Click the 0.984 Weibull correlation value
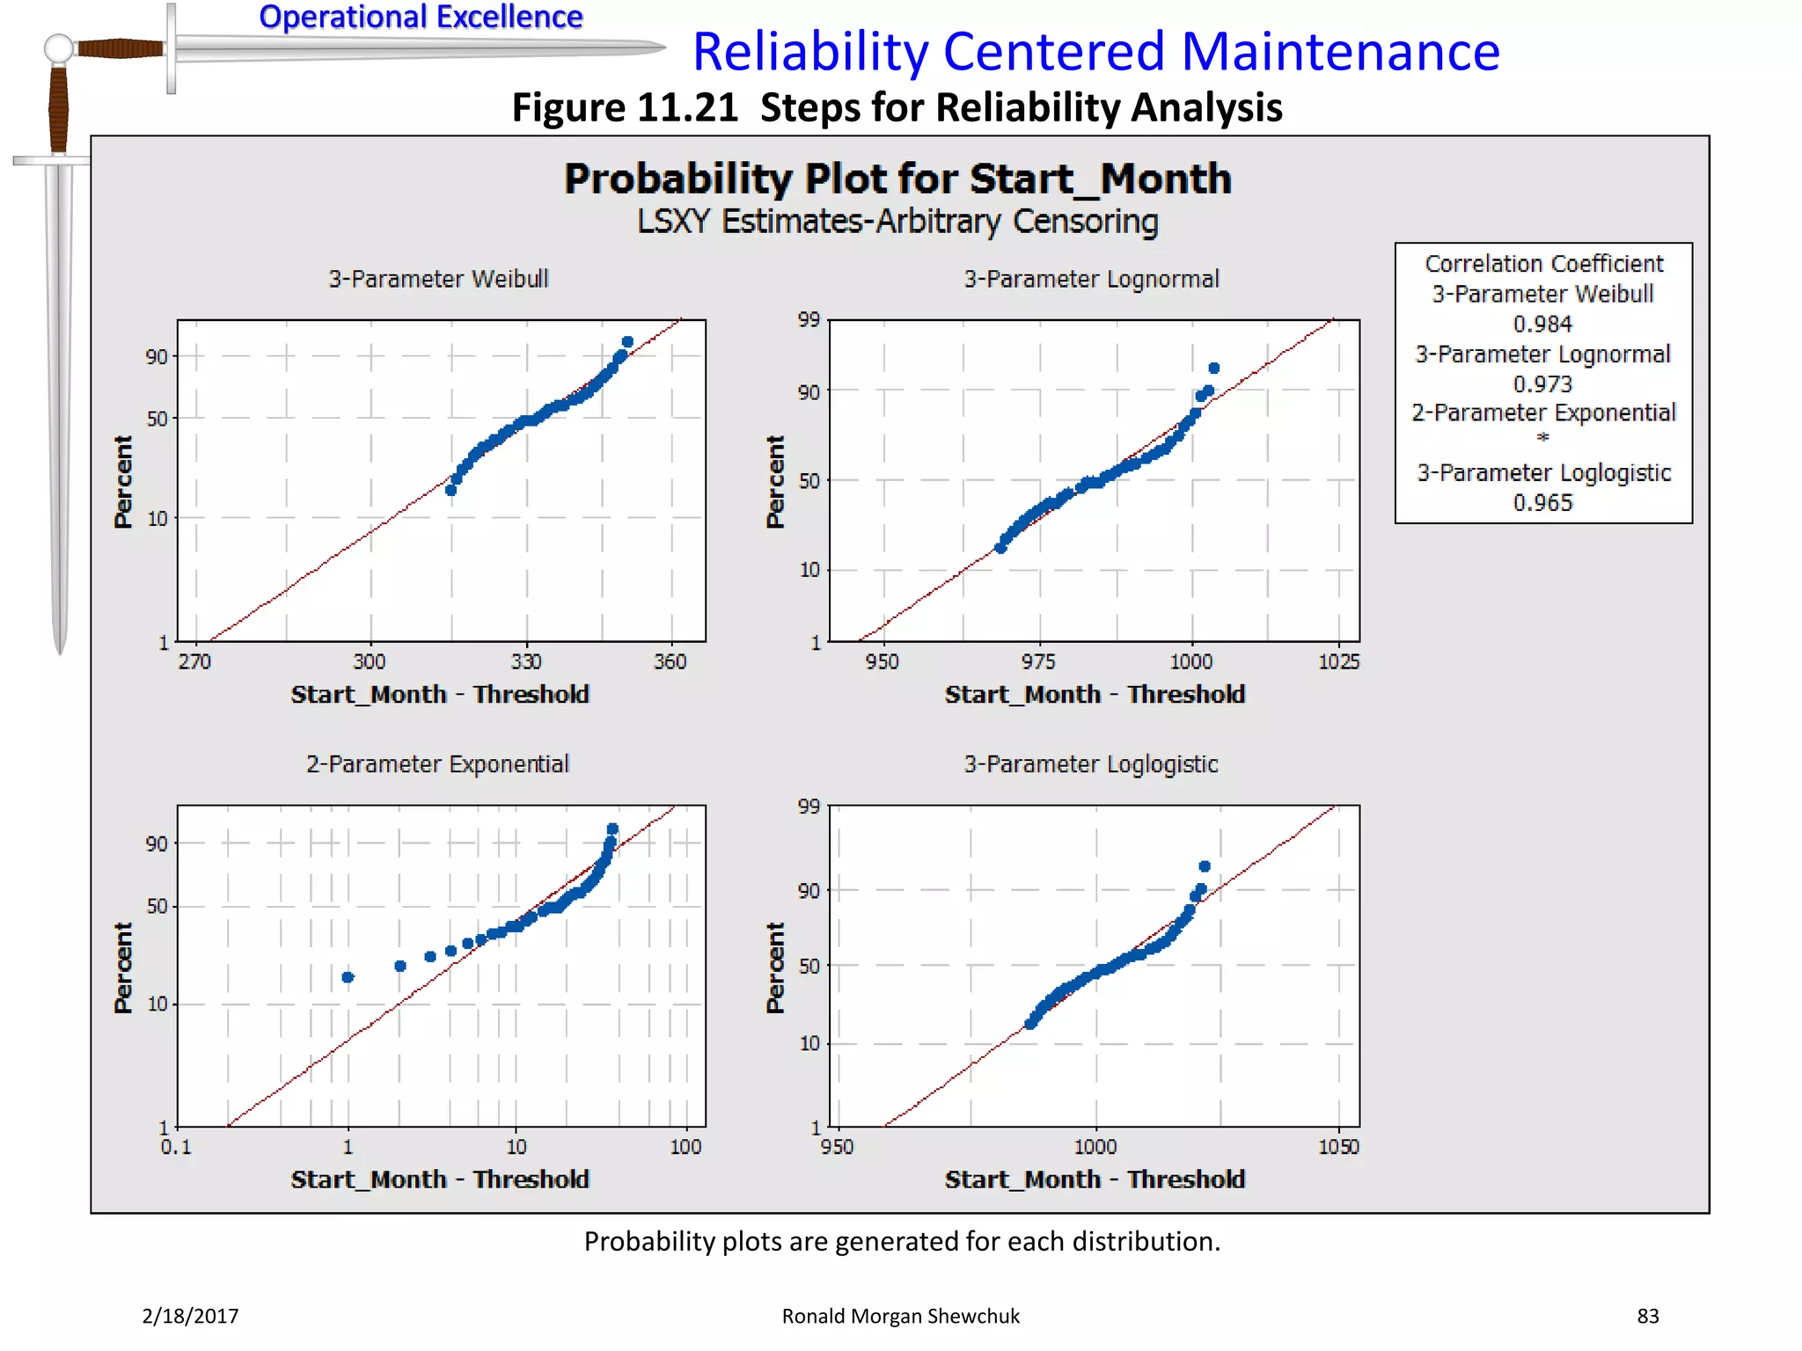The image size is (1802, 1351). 1542,324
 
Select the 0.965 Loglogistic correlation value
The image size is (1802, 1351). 1542,502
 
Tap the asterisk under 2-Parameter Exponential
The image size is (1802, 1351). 1542,438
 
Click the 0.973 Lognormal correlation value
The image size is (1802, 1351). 1542,383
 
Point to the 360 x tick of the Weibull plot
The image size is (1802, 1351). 670,661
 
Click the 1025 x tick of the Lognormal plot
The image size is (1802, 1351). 1338,661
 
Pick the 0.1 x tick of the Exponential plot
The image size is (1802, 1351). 175,1147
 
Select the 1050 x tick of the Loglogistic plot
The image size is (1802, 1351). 1338,1147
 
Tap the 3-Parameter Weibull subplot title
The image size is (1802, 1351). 438,279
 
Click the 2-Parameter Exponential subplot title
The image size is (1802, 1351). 437,763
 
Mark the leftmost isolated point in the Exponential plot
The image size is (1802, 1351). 348,977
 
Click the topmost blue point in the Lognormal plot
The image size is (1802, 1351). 1214,369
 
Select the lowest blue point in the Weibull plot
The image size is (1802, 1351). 450,490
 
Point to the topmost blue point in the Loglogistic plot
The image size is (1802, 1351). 1205,866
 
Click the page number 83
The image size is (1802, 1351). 1647,1316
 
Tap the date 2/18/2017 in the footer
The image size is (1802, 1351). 190,1316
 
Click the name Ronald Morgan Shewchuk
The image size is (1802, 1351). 900,1316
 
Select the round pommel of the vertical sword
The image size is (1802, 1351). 58,47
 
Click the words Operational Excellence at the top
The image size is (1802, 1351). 421,17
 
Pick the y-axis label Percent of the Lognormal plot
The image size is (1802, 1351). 775,481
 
